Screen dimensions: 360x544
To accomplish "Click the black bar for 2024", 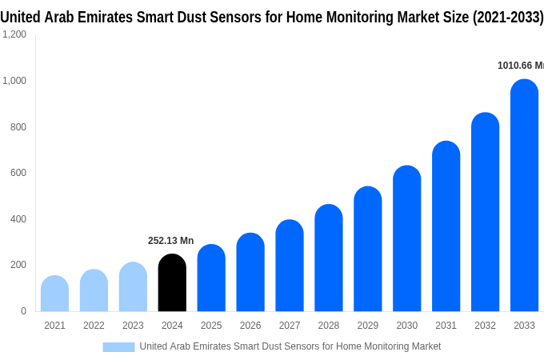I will click(172, 283).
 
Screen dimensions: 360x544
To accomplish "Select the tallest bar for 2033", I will click(524, 196).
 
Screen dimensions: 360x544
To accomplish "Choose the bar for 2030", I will click(406, 239).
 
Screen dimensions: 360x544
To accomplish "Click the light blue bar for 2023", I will click(133, 287).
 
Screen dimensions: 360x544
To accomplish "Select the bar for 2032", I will click(485, 213).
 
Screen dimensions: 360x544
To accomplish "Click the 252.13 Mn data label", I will click(170, 241).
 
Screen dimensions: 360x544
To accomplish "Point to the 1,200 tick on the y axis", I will click(14, 34).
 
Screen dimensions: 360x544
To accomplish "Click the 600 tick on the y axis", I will click(18, 173).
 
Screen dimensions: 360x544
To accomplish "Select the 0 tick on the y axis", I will click(23, 311).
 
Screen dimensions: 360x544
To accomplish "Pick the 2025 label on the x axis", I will click(211, 326).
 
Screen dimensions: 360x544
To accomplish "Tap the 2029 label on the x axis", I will click(368, 326).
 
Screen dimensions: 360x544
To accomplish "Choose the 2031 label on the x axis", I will click(446, 326).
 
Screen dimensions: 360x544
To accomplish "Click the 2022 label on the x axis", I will click(94, 326).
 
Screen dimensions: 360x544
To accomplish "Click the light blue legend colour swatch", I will click(118, 346).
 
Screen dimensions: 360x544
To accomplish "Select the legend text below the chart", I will click(290, 346).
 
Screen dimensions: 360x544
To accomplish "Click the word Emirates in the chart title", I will click(109, 17).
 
